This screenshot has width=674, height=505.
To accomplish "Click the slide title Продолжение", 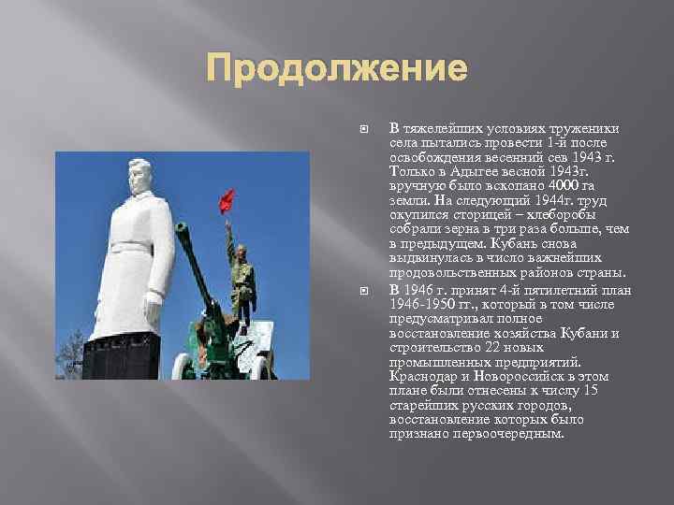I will click(336, 68).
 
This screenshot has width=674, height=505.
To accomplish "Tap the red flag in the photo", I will click(226, 200).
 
